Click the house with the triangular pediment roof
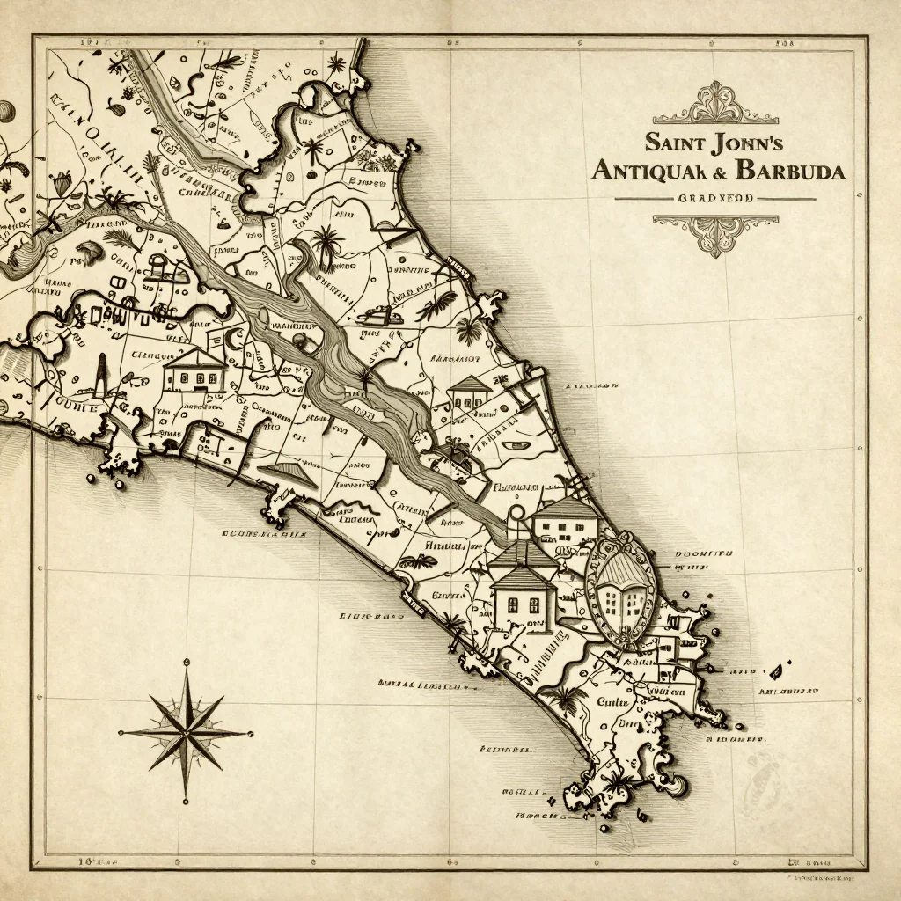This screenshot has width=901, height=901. [194, 370]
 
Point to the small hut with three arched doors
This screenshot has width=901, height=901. [469, 393]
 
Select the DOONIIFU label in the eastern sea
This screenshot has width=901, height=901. [703, 555]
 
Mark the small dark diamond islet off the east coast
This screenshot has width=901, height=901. [776, 672]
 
